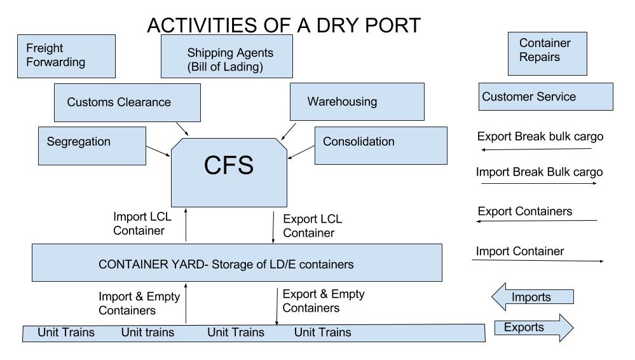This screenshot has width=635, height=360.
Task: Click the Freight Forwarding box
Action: point(67,56)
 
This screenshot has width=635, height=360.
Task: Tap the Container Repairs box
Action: point(547,53)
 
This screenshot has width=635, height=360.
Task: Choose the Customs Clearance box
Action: point(127,102)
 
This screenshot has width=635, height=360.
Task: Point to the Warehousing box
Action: point(357,102)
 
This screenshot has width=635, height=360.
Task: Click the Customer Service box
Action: point(545,97)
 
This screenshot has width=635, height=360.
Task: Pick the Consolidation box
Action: point(380,145)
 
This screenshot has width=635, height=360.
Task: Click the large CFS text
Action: point(229,165)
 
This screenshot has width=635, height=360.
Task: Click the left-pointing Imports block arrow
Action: point(533,297)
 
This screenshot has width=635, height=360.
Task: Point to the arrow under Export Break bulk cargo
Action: point(537,149)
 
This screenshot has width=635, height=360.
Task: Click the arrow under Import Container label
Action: point(537,261)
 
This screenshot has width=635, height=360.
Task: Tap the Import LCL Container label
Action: point(139,225)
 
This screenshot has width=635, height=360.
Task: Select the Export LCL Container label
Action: point(312,226)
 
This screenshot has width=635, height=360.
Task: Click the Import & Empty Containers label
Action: point(139,303)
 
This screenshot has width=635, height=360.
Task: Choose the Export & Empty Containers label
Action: point(323,301)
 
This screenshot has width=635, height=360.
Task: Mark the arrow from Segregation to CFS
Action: point(157,151)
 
